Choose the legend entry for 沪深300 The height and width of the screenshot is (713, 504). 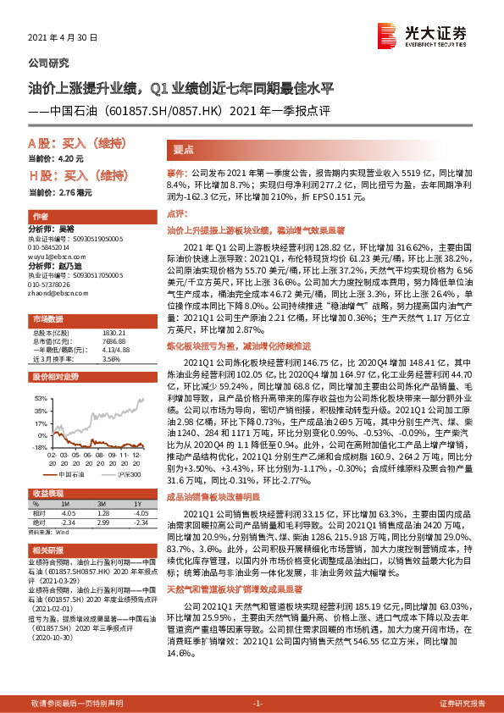tap(127, 475)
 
